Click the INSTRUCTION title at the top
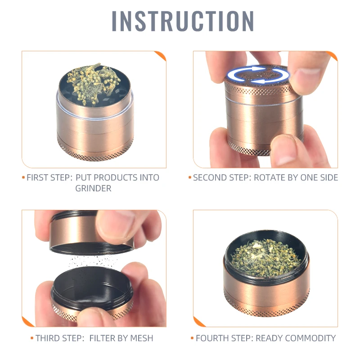coord(183,21)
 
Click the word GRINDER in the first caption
coord(93,189)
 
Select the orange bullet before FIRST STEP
coord(23,178)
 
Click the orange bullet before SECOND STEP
coord(190,178)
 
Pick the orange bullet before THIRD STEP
coord(32,338)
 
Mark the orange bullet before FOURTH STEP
coord(192,338)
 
